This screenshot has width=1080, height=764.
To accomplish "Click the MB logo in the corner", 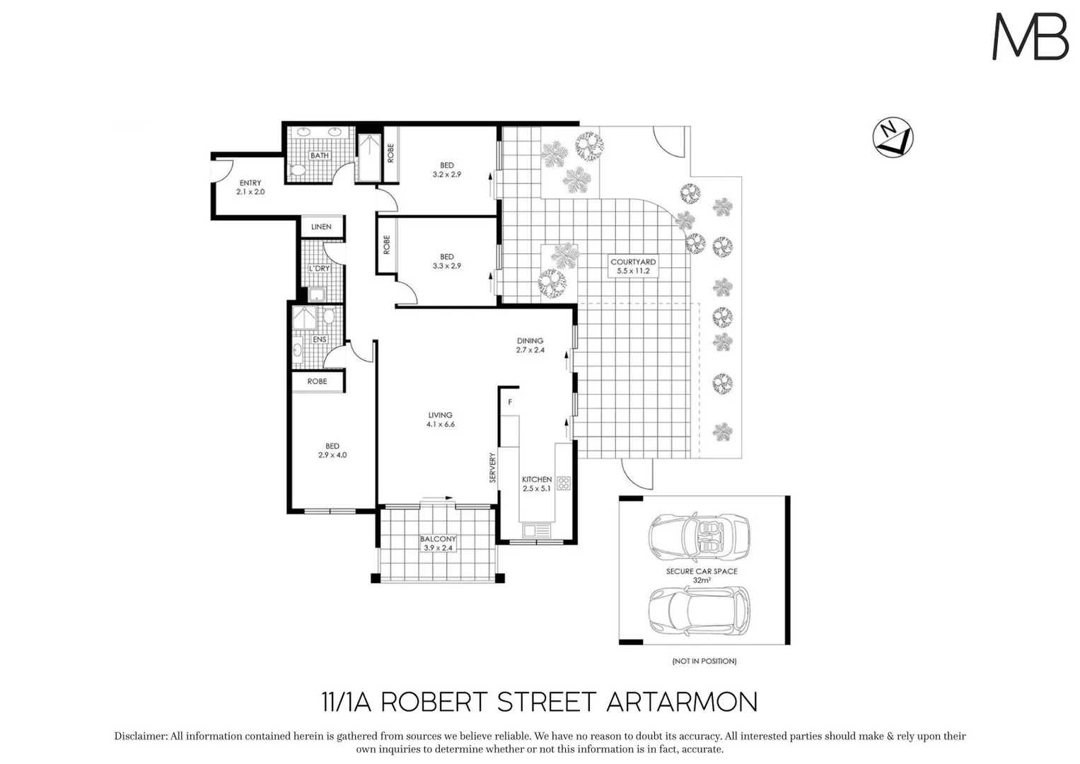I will pos(1030,37).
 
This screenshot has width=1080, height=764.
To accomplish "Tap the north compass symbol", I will pos(893,137).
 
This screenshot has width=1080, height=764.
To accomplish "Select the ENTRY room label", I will pos(250,187).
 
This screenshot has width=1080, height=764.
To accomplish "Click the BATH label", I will pos(320,156).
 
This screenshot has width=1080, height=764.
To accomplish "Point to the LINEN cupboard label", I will pos(321,227).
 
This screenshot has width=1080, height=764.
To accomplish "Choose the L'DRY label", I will pos(319,269).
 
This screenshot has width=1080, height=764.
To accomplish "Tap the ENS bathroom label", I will pos(320,340).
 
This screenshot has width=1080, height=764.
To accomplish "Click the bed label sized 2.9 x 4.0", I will pos(332,451).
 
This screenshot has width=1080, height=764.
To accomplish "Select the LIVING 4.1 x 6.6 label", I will pos(440,419).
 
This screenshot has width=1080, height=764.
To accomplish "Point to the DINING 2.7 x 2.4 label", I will pos(530,345).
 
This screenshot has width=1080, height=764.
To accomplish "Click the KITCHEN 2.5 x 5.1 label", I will pos(537,484).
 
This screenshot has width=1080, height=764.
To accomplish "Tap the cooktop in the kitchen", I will pos(564,484).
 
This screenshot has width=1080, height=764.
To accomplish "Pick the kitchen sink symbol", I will pos(537,530).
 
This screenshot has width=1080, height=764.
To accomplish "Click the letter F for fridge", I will pos(510,402).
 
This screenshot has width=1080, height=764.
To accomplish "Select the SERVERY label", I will pos(493,468).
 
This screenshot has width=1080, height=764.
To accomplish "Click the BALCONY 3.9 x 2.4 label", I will pos(438,543).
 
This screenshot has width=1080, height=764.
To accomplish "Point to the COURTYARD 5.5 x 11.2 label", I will pos(633,266).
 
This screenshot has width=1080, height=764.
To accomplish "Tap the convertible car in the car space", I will pos(699,533).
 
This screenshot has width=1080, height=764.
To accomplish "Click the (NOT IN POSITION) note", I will pos(704,661).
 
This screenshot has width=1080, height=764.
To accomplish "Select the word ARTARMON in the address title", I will pos(682,702).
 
